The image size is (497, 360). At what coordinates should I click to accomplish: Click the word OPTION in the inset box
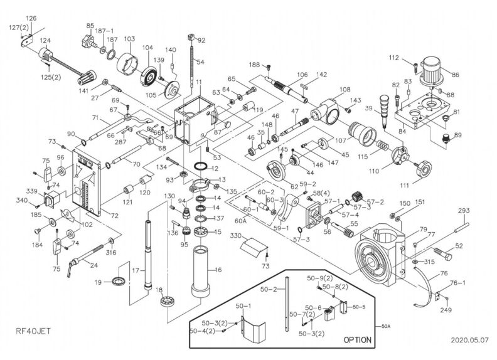click(x=357, y=339)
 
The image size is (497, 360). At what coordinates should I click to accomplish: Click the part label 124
click(x=45, y=41)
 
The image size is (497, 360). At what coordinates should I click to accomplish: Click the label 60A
click(x=241, y=221)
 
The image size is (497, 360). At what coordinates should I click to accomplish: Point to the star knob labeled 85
click(x=88, y=41)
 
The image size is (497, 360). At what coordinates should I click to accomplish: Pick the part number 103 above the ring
click(x=129, y=39)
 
